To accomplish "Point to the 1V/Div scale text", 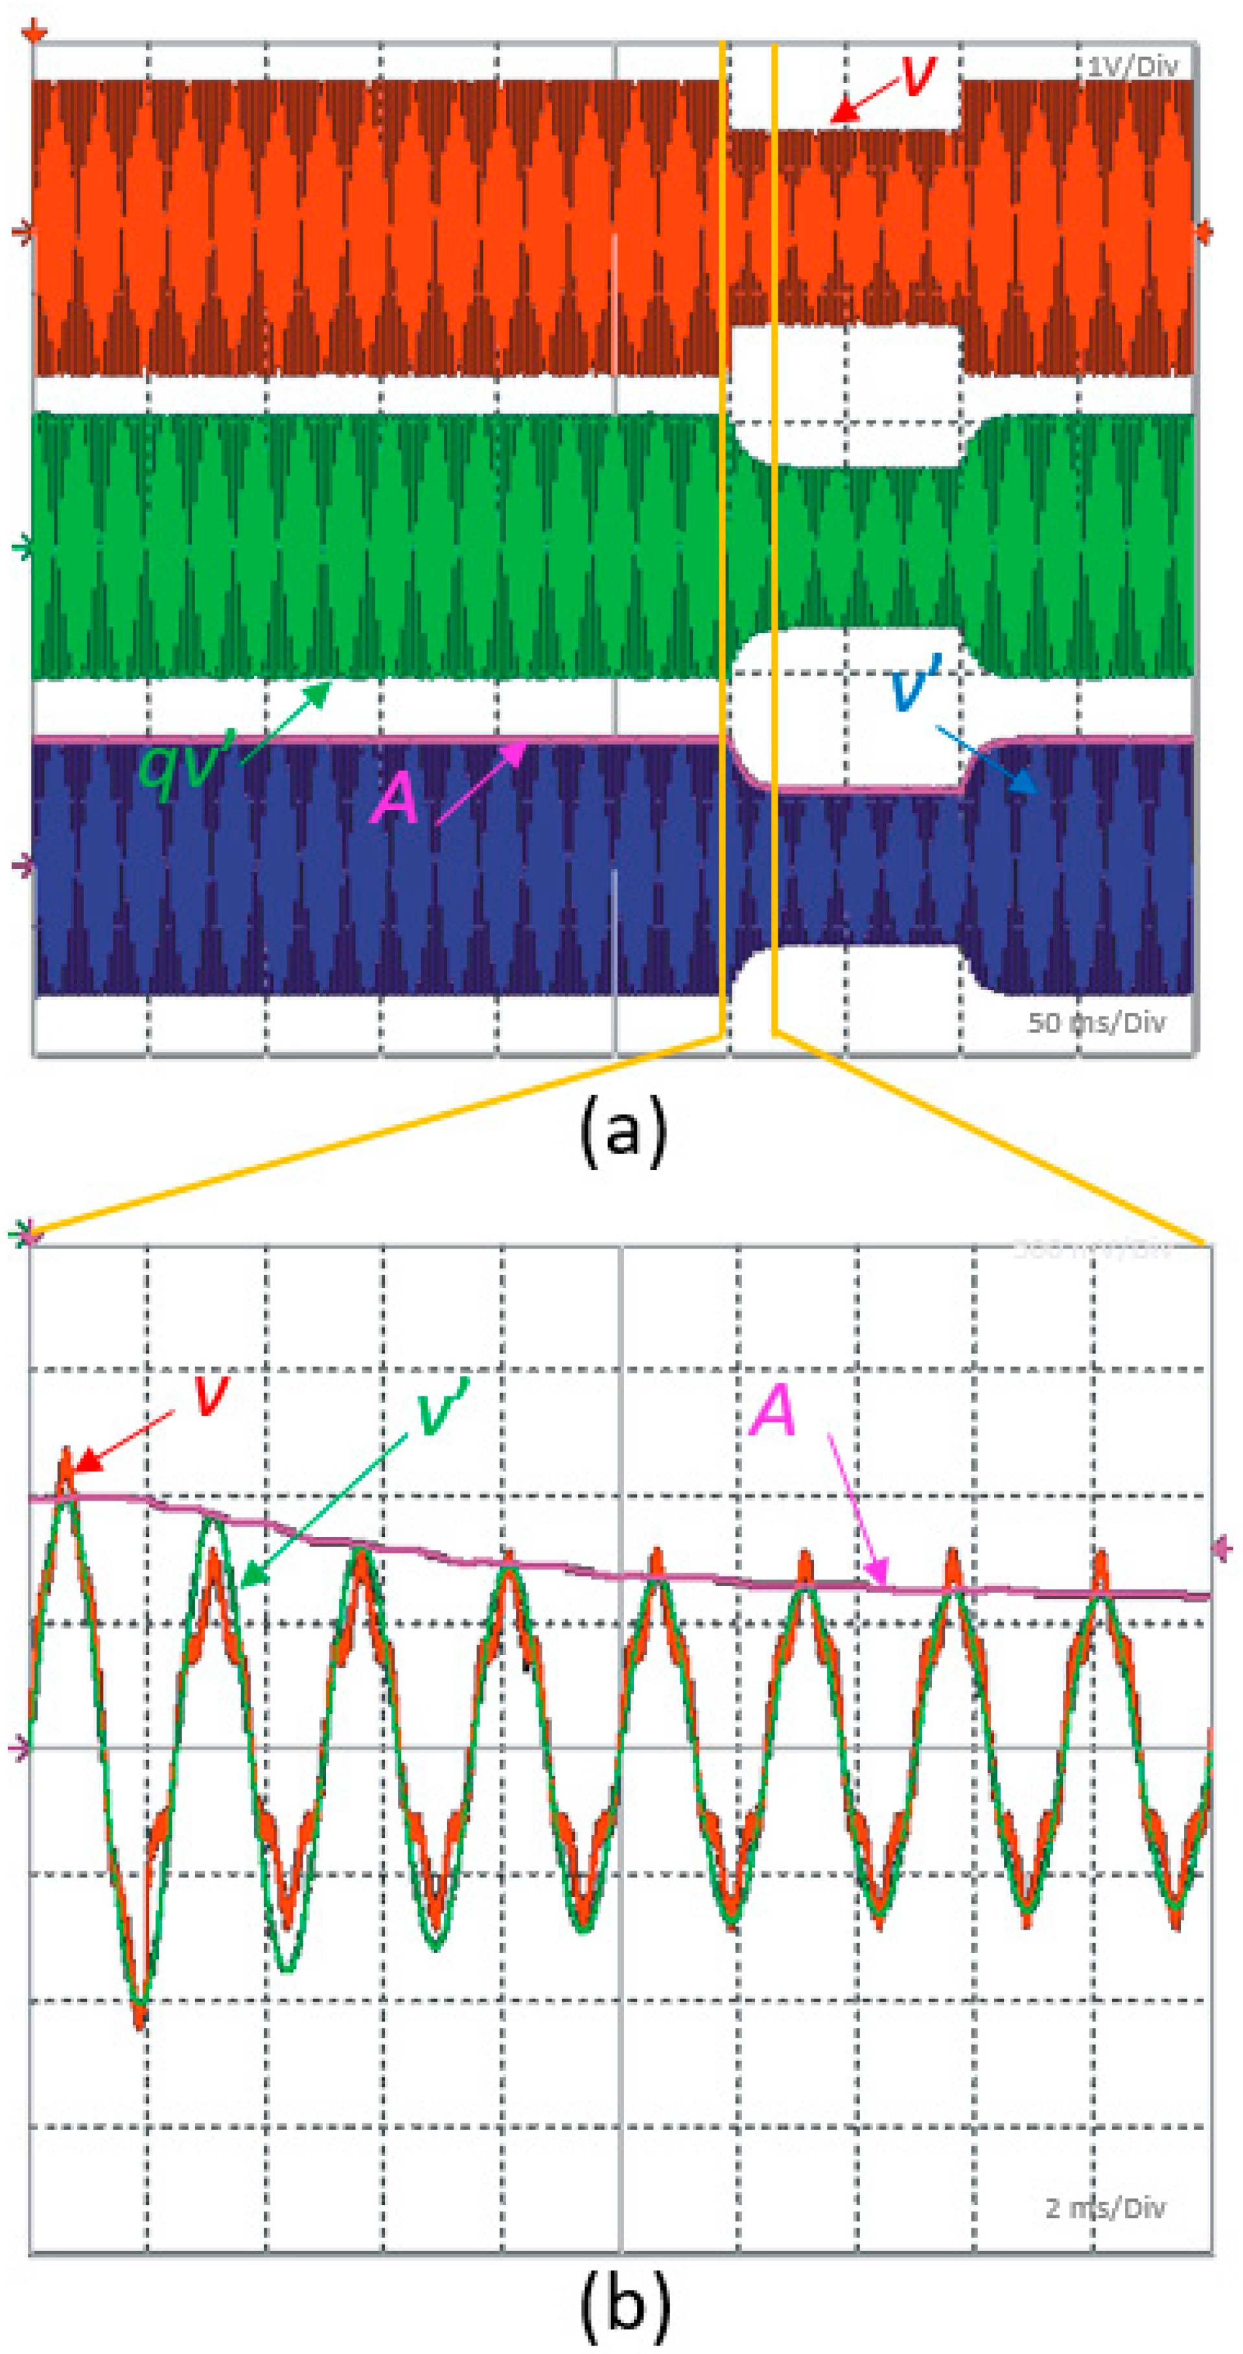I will coord(1132,66).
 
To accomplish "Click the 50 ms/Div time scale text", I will coord(1096,1022).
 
